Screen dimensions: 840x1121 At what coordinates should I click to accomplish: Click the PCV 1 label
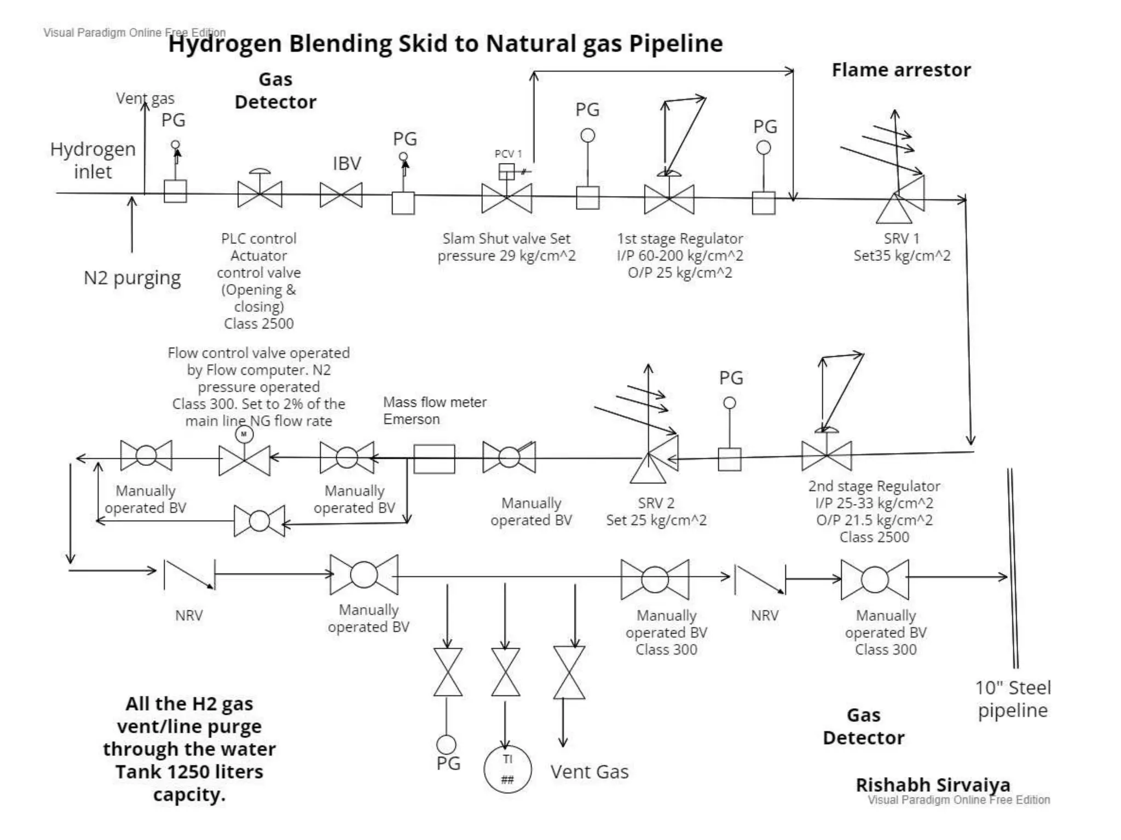coord(508,154)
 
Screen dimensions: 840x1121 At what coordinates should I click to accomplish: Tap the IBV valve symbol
coord(341,195)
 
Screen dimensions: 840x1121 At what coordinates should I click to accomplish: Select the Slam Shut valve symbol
coord(506,198)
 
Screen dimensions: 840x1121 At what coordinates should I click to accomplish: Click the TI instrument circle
coord(507,768)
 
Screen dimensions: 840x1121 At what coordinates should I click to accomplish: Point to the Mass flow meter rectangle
coord(434,458)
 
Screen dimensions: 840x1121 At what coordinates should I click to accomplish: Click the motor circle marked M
coord(244,435)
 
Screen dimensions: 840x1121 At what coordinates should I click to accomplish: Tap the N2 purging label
coord(132,278)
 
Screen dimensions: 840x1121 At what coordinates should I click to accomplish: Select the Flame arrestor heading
coord(901,70)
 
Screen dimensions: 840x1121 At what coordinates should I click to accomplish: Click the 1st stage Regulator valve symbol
coord(669,199)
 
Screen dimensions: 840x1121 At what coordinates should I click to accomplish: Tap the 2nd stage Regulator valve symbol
coord(827,456)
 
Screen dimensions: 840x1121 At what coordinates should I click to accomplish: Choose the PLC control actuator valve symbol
coord(260,194)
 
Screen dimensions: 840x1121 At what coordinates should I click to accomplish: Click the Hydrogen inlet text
coord(93,160)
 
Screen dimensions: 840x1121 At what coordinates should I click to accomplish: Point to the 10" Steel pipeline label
coord(1013,699)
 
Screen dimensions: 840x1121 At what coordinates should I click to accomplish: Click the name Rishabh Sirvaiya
coord(933,785)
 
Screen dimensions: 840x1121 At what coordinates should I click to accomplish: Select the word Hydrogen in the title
coord(225,44)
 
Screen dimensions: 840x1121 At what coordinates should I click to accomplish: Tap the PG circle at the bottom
coord(446,744)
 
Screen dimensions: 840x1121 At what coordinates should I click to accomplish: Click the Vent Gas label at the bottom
coord(589,772)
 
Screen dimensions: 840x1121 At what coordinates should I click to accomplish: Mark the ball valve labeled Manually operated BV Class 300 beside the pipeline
coord(875,580)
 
